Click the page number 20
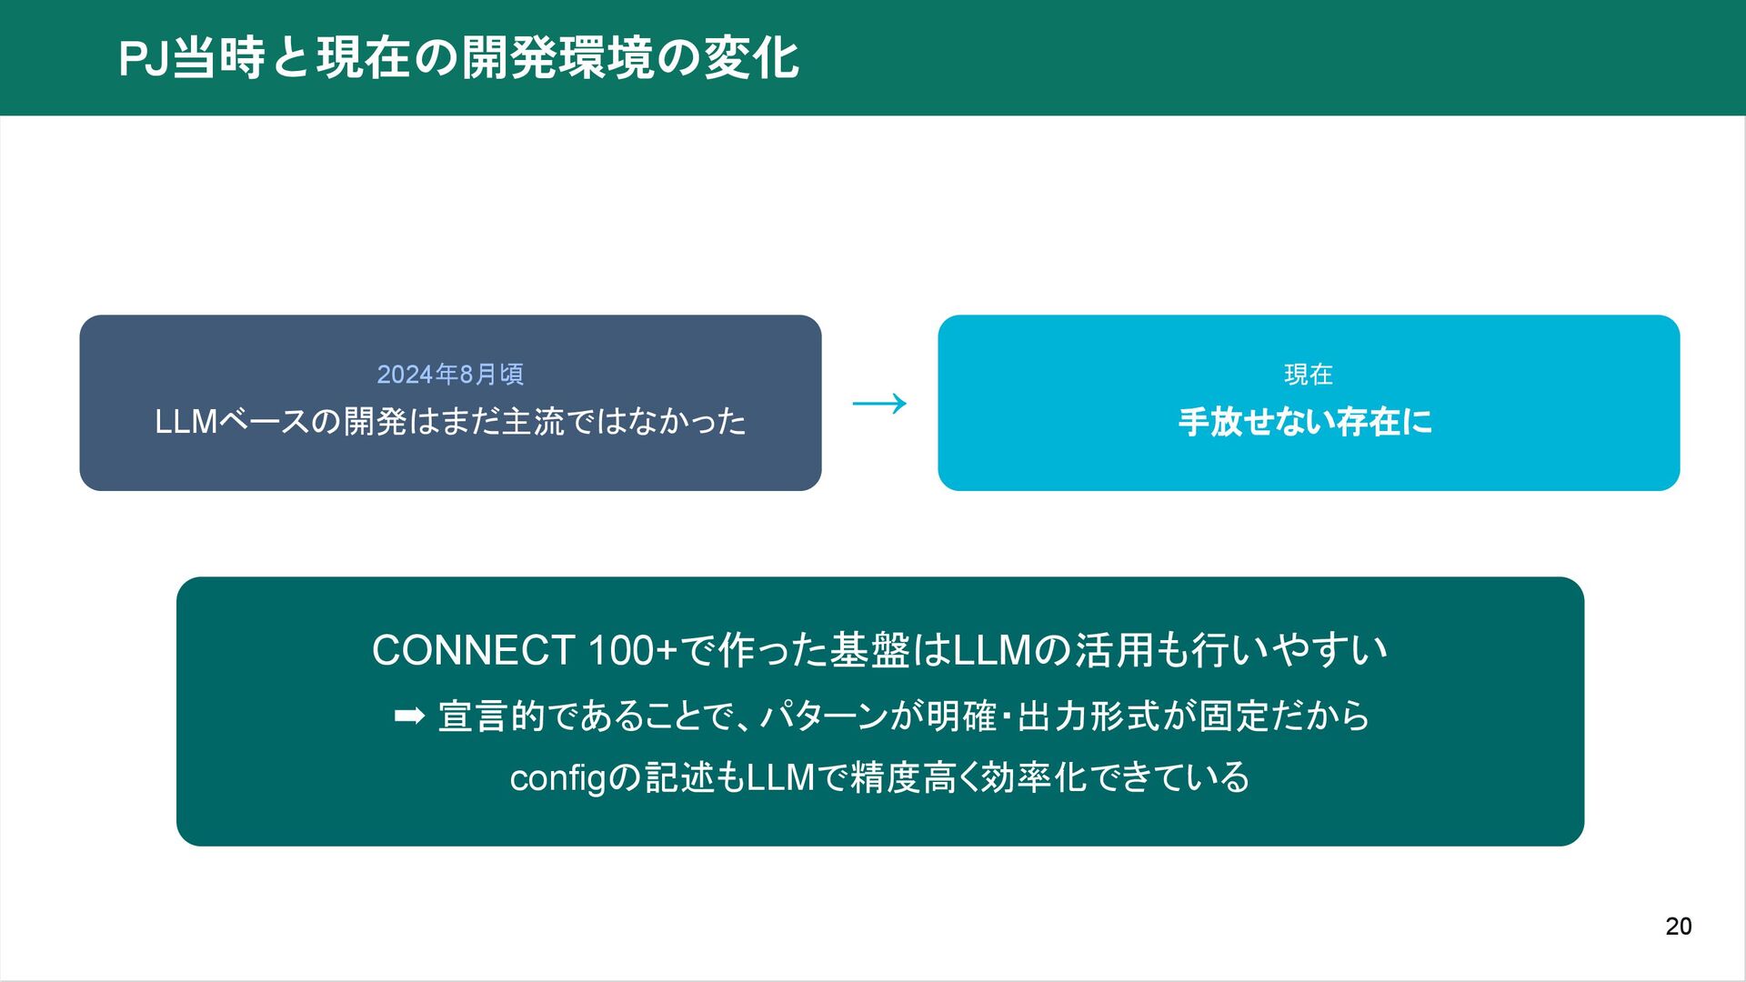pos(1678,927)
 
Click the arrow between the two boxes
pos(879,404)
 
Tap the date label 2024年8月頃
pos(450,375)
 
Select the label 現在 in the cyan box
pos(1308,375)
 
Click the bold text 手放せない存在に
pos(1305,422)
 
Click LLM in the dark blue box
pos(186,422)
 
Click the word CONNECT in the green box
pos(473,651)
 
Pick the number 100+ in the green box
pos(633,651)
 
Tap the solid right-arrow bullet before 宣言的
pos(409,716)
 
